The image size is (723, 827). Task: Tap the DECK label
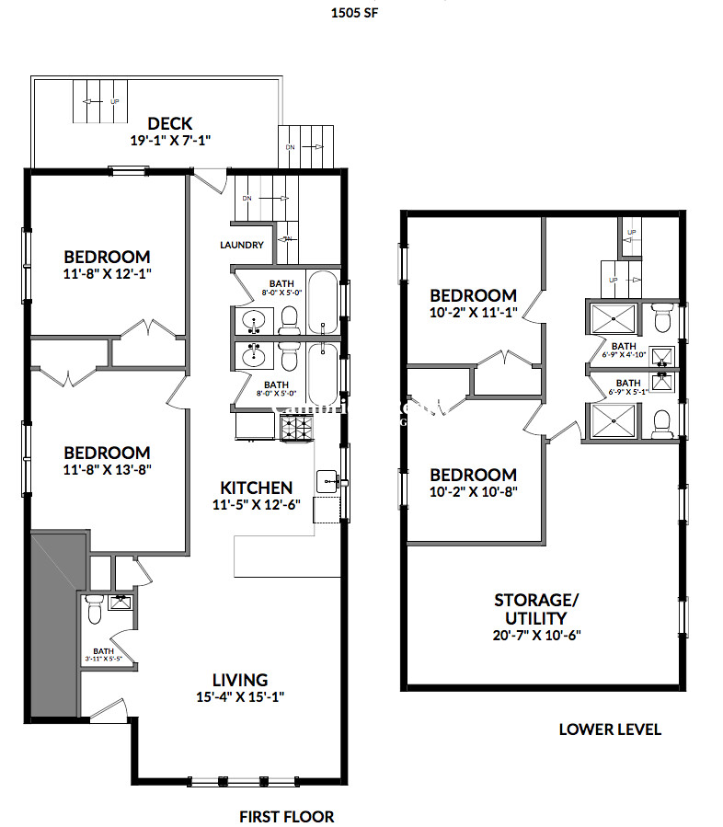(x=170, y=124)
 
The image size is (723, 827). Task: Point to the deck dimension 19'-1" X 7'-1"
(x=172, y=142)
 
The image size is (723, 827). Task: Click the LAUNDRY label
(x=242, y=245)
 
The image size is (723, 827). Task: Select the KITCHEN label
(x=257, y=488)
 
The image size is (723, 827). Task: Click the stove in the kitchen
(x=296, y=427)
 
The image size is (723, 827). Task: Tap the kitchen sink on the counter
(x=328, y=480)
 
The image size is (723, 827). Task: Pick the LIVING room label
(x=239, y=680)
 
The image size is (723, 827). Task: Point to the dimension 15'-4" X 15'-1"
(x=239, y=697)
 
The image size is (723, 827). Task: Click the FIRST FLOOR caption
(x=286, y=816)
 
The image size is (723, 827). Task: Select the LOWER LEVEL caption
(x=610, y=729)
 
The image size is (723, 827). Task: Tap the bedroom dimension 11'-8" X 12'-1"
(x=106, y=274)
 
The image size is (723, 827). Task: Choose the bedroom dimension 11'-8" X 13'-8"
(x=106, y=470)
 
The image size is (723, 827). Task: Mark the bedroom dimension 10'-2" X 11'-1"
(x=474, y=313)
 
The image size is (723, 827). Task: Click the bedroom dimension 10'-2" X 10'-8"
(x=474, y=492)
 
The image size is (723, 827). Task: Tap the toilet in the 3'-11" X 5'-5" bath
(x=94, y=609)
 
